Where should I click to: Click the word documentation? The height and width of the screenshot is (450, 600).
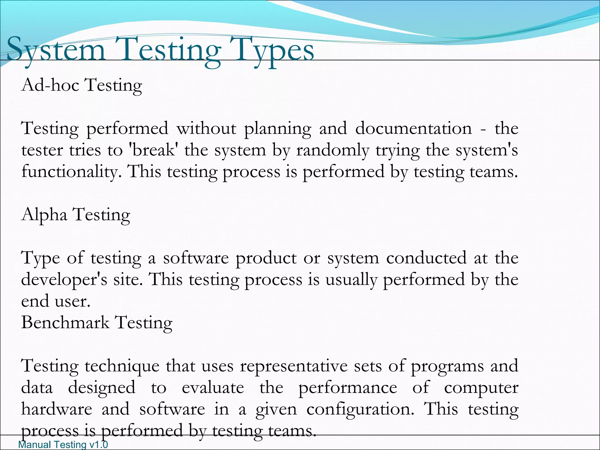point(413,129)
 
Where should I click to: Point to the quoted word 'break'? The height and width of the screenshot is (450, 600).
point(154,150)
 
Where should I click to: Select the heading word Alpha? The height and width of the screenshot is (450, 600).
point(44,215)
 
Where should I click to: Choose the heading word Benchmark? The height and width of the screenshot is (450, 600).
point(65,323)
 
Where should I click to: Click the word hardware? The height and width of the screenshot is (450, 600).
point(57,409)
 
